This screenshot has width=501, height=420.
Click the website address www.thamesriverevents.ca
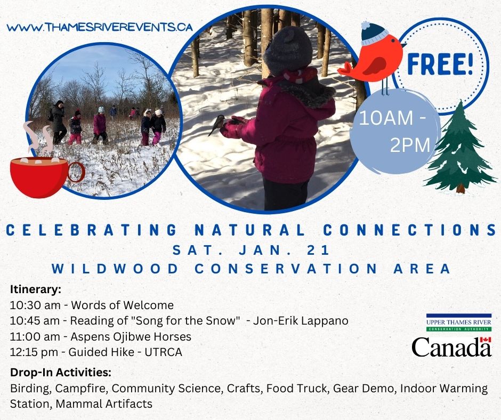pyautogui.click(x=100, y=27)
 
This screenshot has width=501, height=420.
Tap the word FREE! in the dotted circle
pyautogui.click(x=440, y=65)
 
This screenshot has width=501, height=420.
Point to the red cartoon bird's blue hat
pyautogui.click(x=374, y=33)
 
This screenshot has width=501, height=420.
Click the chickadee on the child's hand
pyautogui.click(x=217, y=125)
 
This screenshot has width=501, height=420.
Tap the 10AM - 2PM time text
pyautogui.click(x=394, y=132)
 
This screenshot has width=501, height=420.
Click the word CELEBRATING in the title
pyautogui.click(x=92, y=230)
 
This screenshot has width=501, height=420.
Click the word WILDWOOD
pyautogui.click(x=115, y=269)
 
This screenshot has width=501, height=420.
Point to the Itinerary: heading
pyautogui.click(x=36, y=289)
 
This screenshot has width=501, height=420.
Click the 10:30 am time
pyautogui.click(x=35, y=305)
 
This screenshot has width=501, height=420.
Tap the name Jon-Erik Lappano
pyautogui.click(x=301, y=320)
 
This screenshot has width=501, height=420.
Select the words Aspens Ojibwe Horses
pyautogui.click(x=131, y=336)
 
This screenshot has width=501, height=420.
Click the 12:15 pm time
pyautogui.click(x=34, y=352)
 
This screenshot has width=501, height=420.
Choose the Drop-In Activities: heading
pyautogui.click(x=61, y=373)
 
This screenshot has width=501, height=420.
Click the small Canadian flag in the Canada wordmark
pyautogui.click(x=486, y=340)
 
